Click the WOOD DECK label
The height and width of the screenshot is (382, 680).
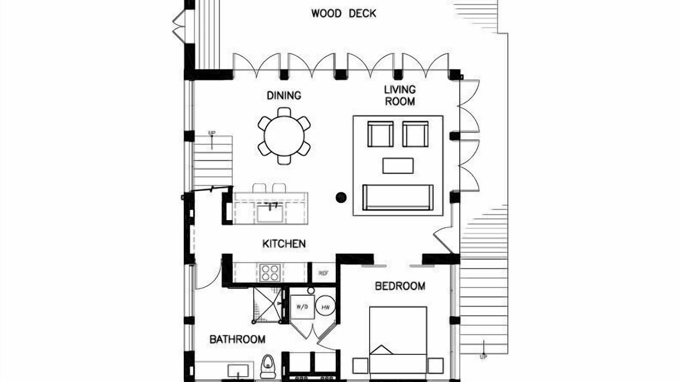click(x=344, y=13)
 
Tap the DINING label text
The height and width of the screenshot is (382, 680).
click(x=284, y=95)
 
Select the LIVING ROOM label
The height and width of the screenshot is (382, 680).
click(x=400, y=95)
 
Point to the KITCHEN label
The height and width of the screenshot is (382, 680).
click(x=284, y=244)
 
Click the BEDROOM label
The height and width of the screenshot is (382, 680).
click(x=400, y=286)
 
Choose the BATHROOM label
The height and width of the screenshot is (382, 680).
click(x=237, y=339)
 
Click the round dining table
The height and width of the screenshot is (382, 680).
click(x=284, y=136)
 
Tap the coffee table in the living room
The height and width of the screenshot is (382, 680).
click(x=398, y=166)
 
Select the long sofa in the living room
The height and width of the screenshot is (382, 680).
click(x=398, y=197)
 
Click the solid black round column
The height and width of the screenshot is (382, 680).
click(x=341, y=197)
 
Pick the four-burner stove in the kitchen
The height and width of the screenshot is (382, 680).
click(x=270, y=273)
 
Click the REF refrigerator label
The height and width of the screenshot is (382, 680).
click(x=324, y=273)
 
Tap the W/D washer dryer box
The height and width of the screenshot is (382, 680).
click(x=302, y=307)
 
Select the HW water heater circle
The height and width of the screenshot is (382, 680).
click(x=326, y=307)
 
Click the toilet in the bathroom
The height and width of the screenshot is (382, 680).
click(x=267, y=367)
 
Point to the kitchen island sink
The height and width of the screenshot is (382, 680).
click(x=270, y=213)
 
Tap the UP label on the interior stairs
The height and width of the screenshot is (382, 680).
click(x=212, y=133)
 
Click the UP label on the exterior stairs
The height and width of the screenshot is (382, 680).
click(x=483, y=357)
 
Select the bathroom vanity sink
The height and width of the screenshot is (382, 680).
click(x=238, y=371)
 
